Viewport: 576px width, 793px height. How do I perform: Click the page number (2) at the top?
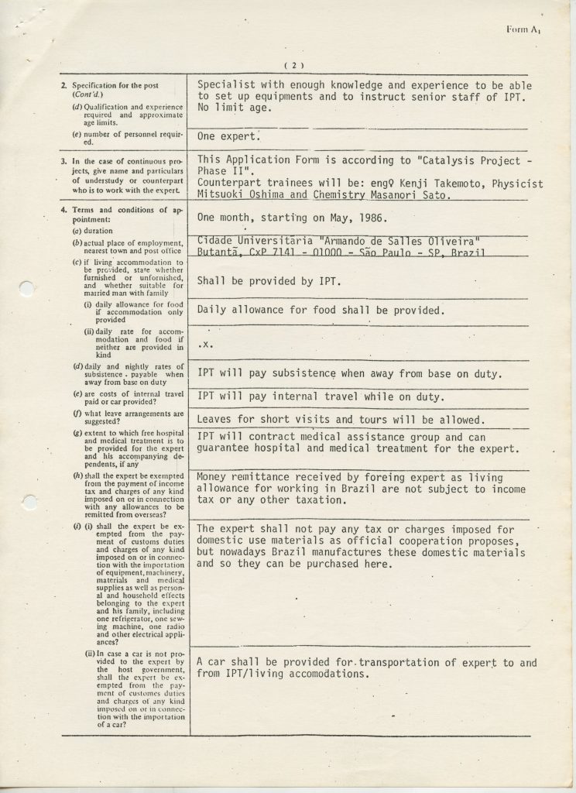tap(293, 65)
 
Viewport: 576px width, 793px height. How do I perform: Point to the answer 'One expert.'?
tap(228, 136)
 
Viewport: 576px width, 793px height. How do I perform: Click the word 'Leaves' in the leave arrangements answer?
tap(216, 421)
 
